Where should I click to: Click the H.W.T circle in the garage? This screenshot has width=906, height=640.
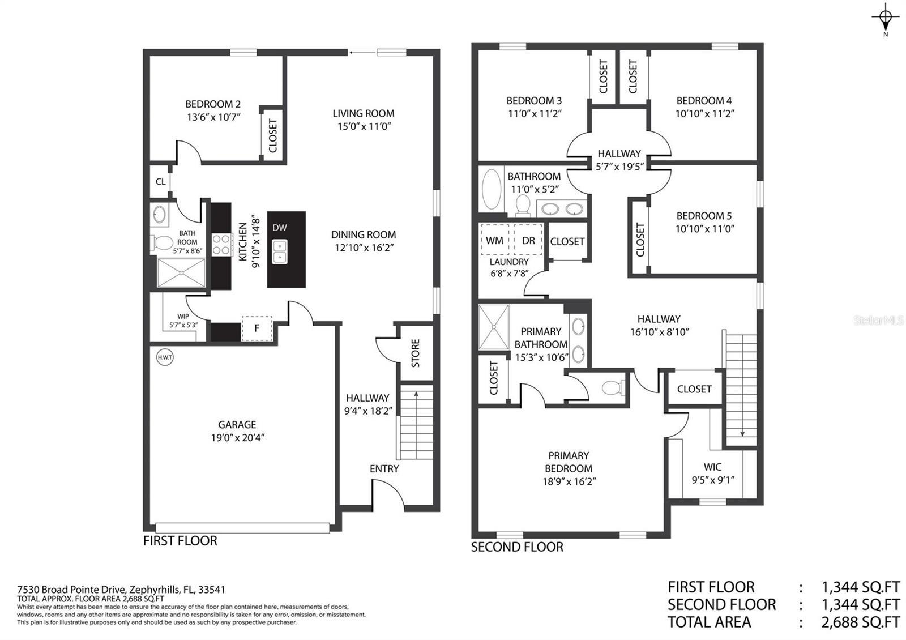tap(165, 357)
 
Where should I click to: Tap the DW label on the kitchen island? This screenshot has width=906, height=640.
tap(280, 228)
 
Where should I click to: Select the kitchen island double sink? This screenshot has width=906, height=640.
tap(280, 251)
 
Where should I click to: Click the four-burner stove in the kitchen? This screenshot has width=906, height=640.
tap(221, 245)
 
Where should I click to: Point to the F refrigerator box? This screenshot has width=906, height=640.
tap(257, 328)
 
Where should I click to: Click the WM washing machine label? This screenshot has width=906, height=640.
tap(494, 241)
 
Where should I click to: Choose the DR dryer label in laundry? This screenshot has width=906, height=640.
tap(528, 241)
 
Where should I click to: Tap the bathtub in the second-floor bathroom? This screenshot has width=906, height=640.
tap(492, 189)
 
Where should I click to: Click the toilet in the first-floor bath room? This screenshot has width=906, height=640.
tap(162, 243)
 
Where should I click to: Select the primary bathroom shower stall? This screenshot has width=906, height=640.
tap(494, 327)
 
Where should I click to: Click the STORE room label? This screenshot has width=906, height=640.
tap(416, 353)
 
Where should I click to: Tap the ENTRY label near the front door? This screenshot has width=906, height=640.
tap(384, 468)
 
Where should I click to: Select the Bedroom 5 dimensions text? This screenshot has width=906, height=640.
tap(704, 229)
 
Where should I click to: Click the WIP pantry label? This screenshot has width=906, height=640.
tap(183, 317)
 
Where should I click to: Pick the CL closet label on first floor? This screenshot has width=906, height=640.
tap(161, 182)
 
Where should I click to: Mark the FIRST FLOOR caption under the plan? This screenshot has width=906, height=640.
tap(180, 540)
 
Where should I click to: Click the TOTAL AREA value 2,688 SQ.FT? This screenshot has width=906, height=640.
tap(860, 622)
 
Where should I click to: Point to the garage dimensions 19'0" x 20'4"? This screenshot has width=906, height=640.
tap(237, 437)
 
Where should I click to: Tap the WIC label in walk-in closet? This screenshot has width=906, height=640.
tap(712, 467)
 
